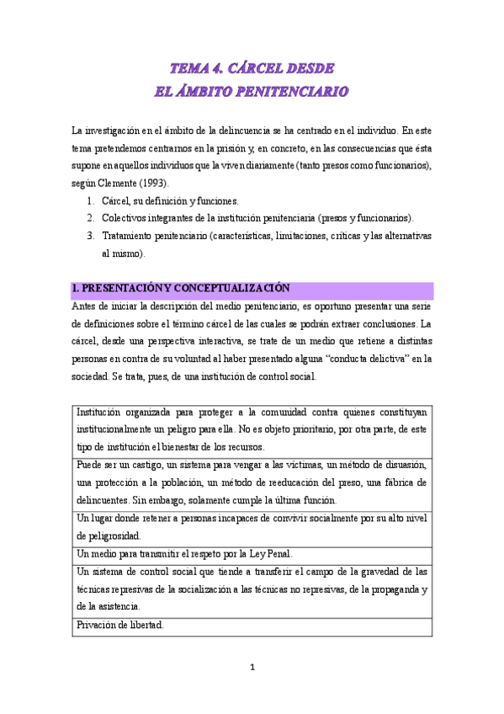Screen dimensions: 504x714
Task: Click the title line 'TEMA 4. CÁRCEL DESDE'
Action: [252, 68]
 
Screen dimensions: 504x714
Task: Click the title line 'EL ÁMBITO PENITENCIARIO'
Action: [252, 91]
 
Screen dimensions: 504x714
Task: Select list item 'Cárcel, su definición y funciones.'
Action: [170, 201]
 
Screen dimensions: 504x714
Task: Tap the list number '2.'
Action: [91, 217]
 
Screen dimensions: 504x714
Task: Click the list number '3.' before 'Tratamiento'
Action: [91, 236]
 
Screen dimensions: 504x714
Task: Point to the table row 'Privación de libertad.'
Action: [120, 625]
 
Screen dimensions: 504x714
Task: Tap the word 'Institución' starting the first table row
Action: [99, 413]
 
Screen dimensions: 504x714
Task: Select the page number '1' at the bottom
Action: [252, 668]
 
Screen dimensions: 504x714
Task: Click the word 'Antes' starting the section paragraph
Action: [86, 306]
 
